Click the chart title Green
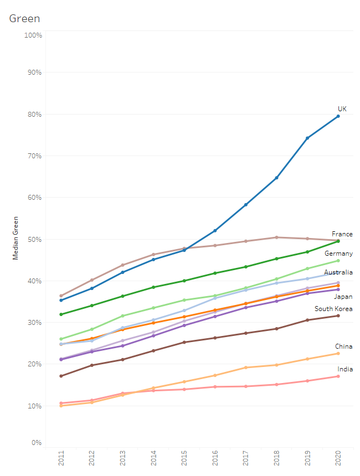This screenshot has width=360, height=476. pos(24,19)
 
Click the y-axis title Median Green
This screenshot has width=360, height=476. pos(16,238)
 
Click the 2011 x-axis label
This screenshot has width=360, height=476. pos(61,458)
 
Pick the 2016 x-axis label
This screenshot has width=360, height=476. pos(215,458)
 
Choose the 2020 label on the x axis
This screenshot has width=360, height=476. pos(338,458)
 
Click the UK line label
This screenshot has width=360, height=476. pos(342,108)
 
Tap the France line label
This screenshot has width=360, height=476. pos(342,234)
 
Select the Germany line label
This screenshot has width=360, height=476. pos(338,253)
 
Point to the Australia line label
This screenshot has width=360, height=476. pos(338,272)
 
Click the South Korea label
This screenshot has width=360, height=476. pos(333,309)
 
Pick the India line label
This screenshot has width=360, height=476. pos(345,369)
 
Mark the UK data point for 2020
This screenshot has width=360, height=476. pos(338,116)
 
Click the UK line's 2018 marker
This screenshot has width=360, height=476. pos(276,178)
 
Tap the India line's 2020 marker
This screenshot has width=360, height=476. pos(338,376)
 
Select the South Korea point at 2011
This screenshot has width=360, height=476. pos(61,376)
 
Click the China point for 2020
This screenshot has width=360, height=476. pos(338,354)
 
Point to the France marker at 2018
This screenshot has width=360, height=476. pos(276,237)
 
